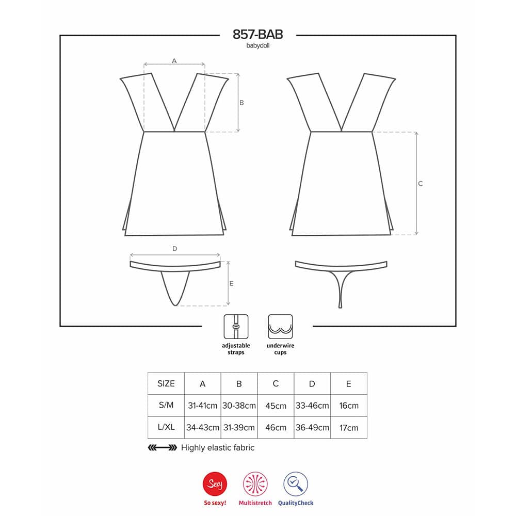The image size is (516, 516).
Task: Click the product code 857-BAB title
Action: [257, 34]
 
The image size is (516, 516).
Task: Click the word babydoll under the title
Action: [257, 46]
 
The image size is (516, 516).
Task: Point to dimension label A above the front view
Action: [174, 61]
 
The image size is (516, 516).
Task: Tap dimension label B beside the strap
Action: [241, 103]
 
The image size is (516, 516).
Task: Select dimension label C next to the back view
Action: [420, 184]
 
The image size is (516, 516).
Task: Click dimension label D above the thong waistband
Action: [175, 249]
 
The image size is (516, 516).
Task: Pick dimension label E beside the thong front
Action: [231, 283]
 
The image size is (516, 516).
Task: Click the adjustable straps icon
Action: [236, 327]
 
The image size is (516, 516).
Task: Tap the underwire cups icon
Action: [280, 327]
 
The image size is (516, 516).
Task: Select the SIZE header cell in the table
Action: [166, 384]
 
